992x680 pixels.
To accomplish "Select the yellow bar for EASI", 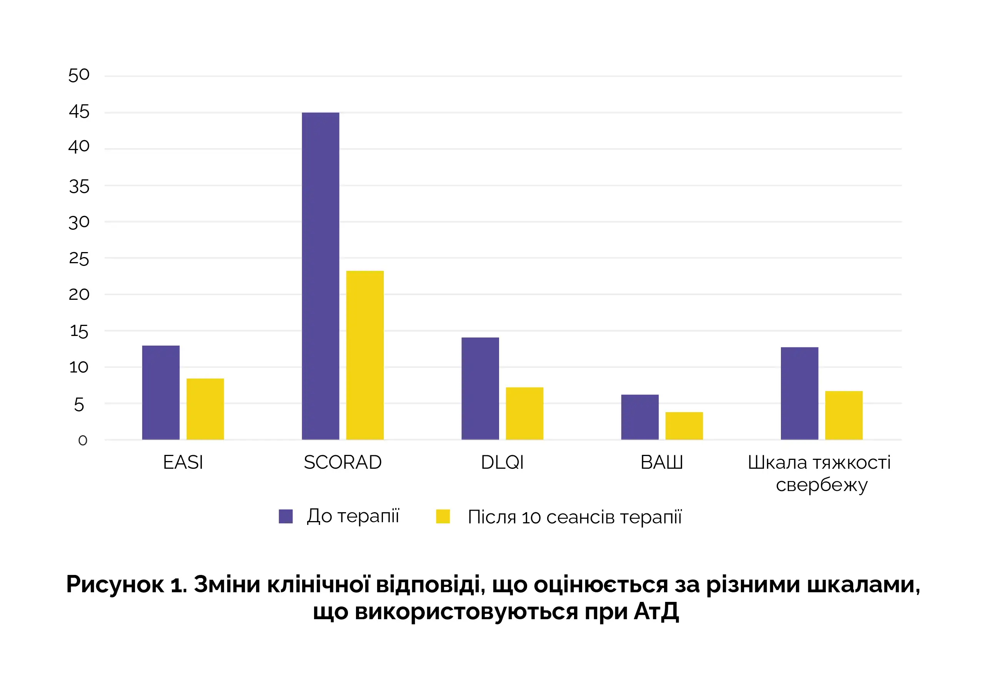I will point(205,409).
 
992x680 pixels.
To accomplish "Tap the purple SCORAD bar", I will point(320,276).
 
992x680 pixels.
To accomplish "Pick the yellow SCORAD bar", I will point(365,355).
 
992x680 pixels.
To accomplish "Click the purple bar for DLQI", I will point(480,388).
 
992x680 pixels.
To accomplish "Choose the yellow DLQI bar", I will point(524,413).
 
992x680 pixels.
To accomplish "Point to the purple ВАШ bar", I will point(639,417).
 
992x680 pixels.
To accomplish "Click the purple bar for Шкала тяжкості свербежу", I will point(799,393).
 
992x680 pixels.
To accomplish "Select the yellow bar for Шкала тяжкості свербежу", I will point(844,415).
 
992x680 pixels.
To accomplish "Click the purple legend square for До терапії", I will point(286,516).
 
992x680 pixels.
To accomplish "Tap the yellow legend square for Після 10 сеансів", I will point(443,516).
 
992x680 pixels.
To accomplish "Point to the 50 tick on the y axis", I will point(79,75).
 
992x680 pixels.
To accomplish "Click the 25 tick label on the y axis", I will point(79,259).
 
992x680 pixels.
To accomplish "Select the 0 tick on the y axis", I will point(82,440).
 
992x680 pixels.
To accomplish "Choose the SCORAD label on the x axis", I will point(342,462).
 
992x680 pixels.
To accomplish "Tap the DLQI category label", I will point(502,462).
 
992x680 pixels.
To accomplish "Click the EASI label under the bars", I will point(183,462).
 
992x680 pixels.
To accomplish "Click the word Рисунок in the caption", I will point(115,584).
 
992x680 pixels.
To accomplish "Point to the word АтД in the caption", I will point(656,611).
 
